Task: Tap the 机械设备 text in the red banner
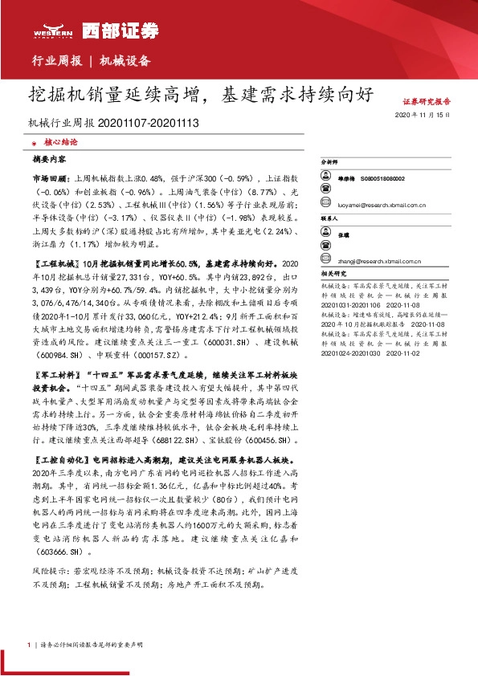125,61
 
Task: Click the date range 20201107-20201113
149,124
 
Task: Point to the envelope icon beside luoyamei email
329,205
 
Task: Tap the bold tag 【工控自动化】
59,460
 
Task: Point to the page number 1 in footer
29,645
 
